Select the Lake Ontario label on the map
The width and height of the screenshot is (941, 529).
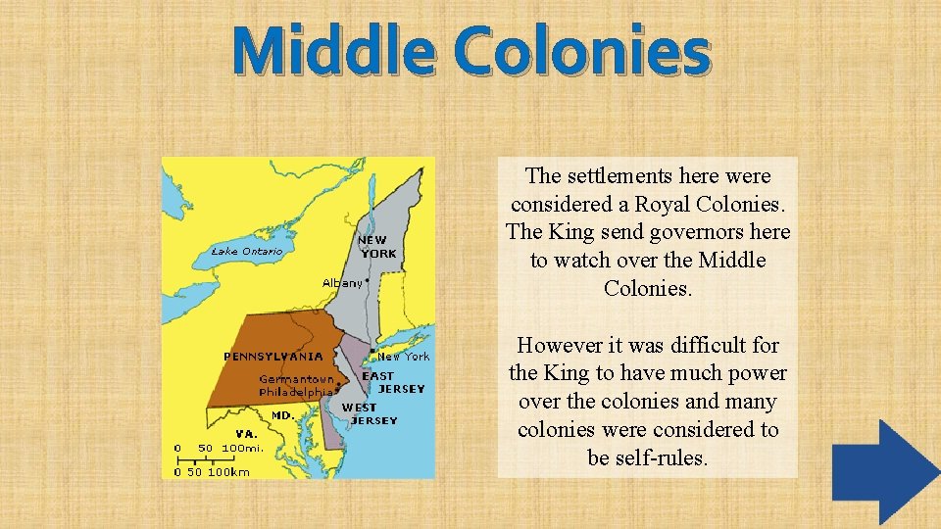tap(247, 252)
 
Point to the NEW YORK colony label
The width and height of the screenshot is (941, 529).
tap(377, 246)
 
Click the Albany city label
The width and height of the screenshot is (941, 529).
tap(342, 283)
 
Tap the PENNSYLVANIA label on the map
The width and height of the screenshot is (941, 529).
tap(273, 356)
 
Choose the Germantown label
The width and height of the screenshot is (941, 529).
tap(296, 379)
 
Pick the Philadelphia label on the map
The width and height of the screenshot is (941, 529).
tap(296, 392)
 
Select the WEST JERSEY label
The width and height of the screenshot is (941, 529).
tap(369, 414)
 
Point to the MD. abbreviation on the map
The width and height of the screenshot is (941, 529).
tap(282, 415)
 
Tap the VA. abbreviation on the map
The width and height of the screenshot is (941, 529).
tap(246, 433)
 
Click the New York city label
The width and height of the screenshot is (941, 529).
tap(404, 357)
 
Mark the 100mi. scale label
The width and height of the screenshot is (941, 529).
tap(242, 448)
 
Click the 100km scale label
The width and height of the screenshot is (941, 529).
tap(228, 471)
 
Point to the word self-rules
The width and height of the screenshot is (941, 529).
tap(647, 457)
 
